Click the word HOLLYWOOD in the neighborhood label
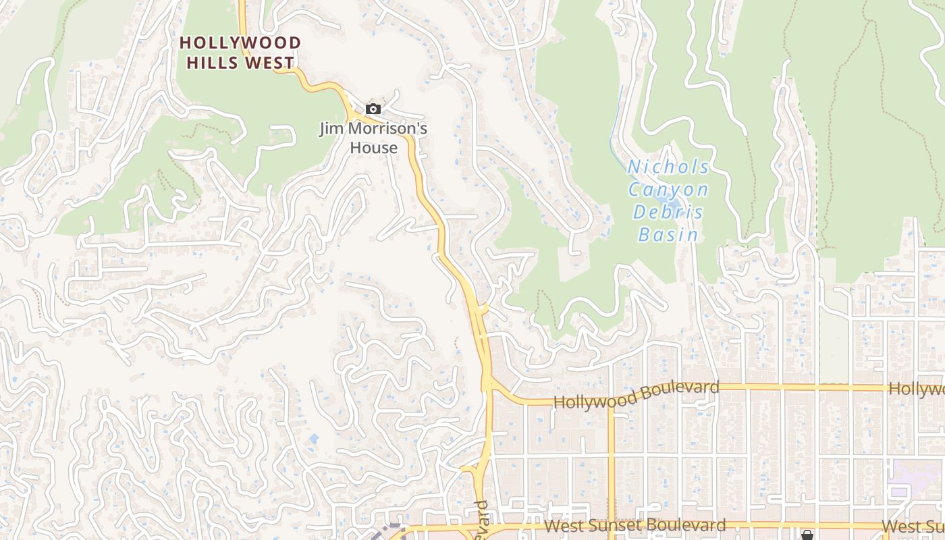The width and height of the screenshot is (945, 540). point(240,43)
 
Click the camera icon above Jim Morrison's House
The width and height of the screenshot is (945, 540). point(373,109)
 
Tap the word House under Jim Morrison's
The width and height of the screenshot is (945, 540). point(373,146)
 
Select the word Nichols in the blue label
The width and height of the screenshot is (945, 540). point(668,167)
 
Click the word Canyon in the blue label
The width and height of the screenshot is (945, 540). point(668,190)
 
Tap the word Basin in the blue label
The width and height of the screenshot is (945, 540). point(668,235)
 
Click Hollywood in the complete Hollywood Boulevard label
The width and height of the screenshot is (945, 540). point(595,399)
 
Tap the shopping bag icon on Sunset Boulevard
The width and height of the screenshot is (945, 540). point(807,535)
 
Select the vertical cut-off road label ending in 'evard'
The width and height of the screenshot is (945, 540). point(481,520)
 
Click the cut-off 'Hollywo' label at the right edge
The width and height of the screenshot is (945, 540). point(917,389)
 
